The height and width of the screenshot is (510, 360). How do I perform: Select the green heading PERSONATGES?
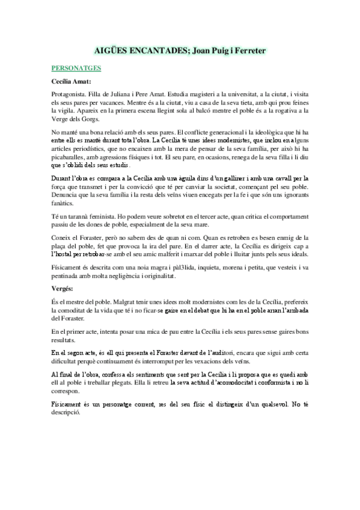pyautogui.click(x=76, y=69)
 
